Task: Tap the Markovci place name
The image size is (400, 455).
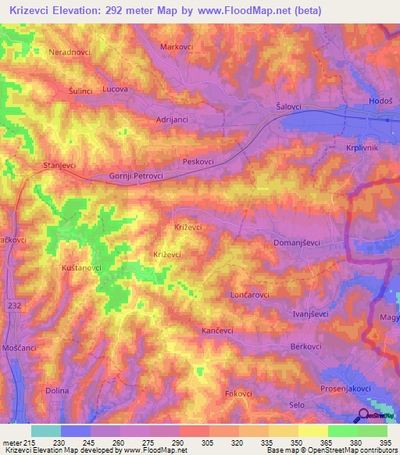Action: (x=177, y=47)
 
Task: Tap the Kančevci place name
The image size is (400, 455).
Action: (x=218, y=331)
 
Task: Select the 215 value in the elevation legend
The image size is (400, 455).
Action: (x=23, y=442)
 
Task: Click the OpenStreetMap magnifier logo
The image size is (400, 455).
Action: (x=365, y=416)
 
